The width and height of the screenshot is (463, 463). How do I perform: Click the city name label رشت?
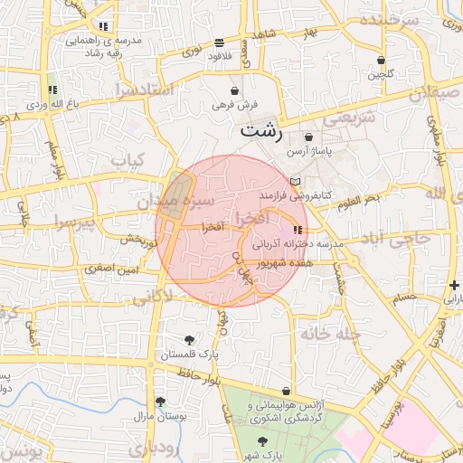[261, 131]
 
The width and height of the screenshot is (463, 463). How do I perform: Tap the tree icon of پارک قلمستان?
[189, 340]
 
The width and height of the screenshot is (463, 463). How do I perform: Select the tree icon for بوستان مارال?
[160, 402]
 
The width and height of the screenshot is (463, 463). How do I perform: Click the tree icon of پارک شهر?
[262, 441]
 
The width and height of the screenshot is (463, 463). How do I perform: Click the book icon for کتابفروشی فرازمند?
[293, 182]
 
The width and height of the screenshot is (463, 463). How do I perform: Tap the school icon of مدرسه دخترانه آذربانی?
[298, 230]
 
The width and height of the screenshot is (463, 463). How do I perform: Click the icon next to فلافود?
[220, 43]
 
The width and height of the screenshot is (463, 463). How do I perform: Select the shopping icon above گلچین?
[382, 61]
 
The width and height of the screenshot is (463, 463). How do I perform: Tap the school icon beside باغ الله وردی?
[52, 90]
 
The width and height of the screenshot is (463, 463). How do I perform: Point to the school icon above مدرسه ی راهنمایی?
[103, 26]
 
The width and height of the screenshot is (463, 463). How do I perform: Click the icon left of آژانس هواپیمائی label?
[287, 392]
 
